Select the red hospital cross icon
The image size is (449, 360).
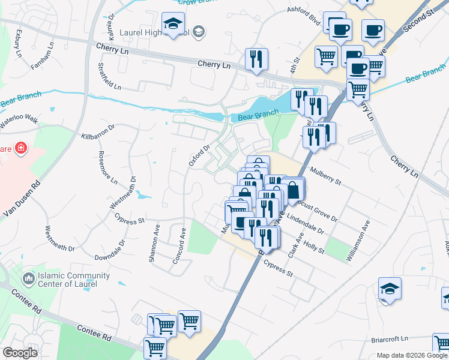[20, 148]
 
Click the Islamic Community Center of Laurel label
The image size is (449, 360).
[67, 280]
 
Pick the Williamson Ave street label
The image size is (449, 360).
[358, 240]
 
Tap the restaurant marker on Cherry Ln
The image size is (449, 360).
[256, 59]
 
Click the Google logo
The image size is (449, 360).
[19, 353]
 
